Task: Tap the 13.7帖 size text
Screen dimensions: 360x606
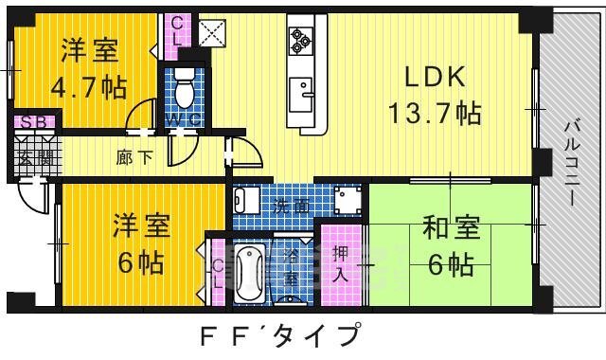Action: pyautogui.click(x=434, y=115)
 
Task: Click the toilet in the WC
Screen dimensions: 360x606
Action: pyautogui.click(x=186, y=86)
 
